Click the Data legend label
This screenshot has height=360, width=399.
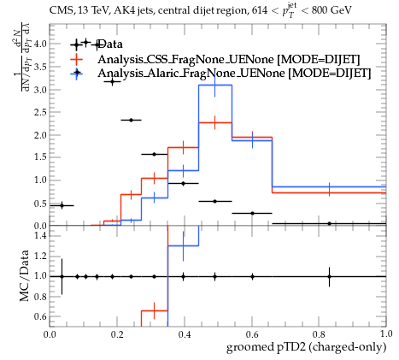[x=110, y=44]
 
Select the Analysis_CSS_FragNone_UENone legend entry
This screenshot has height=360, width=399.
[x=229, y=59]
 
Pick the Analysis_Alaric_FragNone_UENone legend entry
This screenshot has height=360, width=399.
[x=234, y=74]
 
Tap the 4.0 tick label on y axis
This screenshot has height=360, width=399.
[x=40, y=44]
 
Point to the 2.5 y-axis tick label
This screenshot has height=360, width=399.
[x=40, y=112]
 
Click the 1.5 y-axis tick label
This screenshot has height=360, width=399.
[x=40, y=157]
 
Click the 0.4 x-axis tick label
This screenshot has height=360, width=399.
[x=185, y=333]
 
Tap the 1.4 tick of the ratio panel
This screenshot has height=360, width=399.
[x=40, y=236]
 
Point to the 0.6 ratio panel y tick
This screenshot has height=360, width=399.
[x=40, y=316]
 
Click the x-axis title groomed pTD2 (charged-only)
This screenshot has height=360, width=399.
[x=306, y=347]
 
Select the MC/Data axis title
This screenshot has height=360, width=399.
[x=24, y=275]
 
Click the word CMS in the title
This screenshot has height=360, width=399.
[x=58, y=10]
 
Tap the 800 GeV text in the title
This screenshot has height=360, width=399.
[x=332, y=10]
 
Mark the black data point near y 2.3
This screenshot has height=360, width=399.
[x=131, y=120]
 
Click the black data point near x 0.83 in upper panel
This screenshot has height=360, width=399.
[x=329, y=224]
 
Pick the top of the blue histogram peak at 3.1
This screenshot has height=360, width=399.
[x=215, y=85]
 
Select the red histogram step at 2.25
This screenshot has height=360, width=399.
[x=215, y=122]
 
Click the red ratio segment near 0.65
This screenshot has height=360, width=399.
[x=155, y=310]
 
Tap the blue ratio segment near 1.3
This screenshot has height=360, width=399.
[x=183, y=245]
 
